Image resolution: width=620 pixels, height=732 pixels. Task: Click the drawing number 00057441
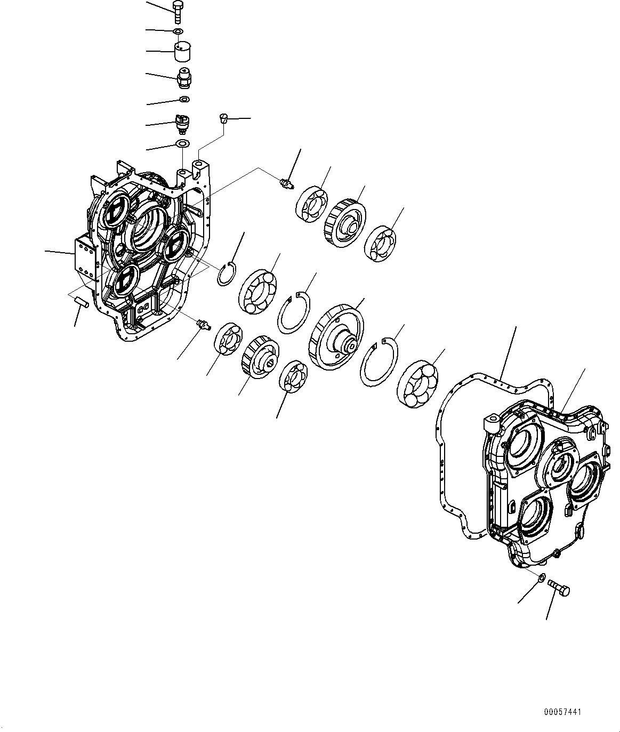tap(563, 712)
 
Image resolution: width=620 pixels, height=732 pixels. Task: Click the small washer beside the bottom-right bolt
tap(541, 577)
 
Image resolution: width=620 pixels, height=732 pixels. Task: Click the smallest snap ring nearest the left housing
tap(227, 272)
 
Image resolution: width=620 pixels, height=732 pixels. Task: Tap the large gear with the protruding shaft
tap(336, 337)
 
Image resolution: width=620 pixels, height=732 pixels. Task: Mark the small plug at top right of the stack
tap(224, 118)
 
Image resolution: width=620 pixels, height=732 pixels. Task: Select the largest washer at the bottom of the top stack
tap(182, 143)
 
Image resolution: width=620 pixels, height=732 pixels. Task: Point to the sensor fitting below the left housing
tap(202, 324)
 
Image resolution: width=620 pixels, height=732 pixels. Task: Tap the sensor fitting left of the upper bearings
tap(287, 184)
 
